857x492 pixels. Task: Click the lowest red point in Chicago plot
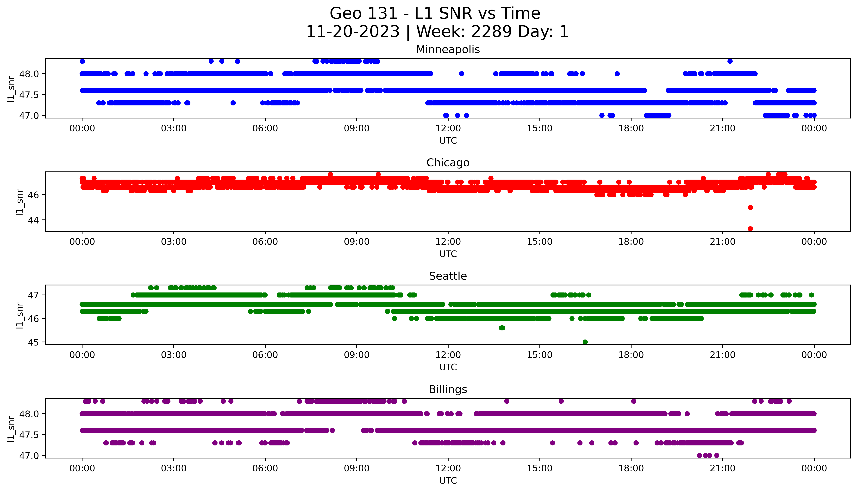(750, 229)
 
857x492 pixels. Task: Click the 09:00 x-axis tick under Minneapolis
(357, 128)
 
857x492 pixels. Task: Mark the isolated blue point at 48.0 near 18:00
(617, 74)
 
